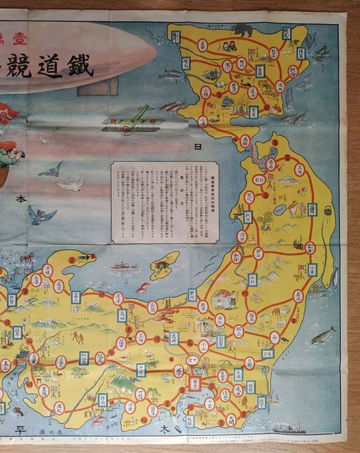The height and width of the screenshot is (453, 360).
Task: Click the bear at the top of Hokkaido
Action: coord(243,30)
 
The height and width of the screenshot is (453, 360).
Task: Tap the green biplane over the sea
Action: coord(134,121)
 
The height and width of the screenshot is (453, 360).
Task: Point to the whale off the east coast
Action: coord(323,333)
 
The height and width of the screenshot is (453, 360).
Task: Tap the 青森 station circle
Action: coord(270,164)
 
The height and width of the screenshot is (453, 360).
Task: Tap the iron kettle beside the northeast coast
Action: coord(327,211)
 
